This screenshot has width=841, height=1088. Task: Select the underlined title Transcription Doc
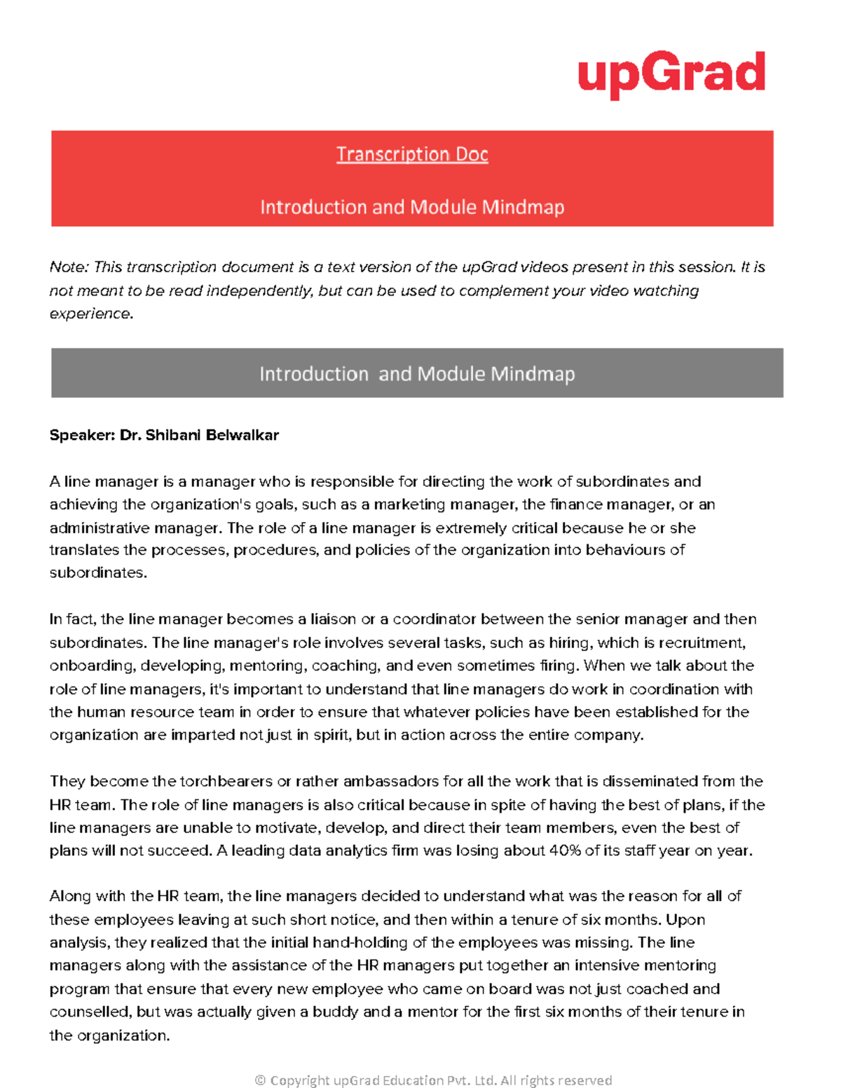coord(412,154)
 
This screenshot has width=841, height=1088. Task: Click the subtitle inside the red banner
coord(412,207)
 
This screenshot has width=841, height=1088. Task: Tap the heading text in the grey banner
coord(417,374)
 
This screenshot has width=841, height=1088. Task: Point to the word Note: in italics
coord(69,268)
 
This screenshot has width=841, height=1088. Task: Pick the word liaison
coord(332,620)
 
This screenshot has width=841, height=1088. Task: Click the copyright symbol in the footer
coord(260,1080)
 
